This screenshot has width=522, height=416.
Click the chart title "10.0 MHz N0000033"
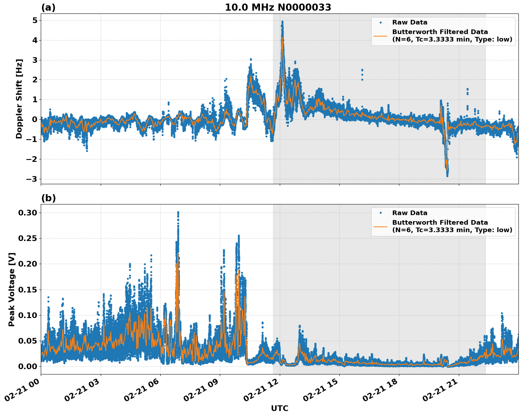click(x=278, y=7)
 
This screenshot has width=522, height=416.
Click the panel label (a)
click(x=48, y=7)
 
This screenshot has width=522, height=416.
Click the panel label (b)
click(x=48, y=198)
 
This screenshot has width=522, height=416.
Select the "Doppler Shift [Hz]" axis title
click(x=19, y=99)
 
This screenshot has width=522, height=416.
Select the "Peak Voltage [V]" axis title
click(x=12, y=289)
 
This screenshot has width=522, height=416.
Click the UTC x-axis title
click(x=279, y=408)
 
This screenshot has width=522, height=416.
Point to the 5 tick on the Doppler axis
click(x=34, y=20)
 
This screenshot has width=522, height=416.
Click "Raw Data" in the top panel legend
click(x=410, y=22)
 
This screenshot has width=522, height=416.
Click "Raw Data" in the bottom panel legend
click(x=410, y=213)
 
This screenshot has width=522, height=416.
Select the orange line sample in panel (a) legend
click(x=380, y=36)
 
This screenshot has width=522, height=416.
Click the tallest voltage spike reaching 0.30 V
click(x=178, y=213)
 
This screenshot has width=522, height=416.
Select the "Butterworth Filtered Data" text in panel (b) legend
click(x=440, y=223)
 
